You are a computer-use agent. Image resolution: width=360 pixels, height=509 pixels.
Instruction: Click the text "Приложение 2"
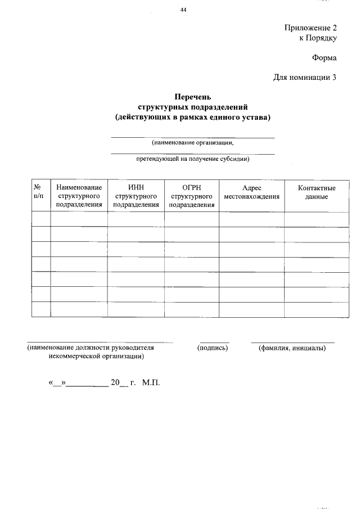(310, 28)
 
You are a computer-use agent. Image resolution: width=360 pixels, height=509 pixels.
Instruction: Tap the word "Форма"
(325, 58)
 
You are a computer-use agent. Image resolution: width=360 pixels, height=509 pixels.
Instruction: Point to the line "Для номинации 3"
(305, 78)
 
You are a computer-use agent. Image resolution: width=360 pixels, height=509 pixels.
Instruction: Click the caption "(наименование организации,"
(192, 142)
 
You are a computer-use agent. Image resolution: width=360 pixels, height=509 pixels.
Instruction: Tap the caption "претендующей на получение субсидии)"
(192, 159)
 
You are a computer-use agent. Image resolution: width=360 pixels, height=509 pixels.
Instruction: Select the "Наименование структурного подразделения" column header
(79, 196)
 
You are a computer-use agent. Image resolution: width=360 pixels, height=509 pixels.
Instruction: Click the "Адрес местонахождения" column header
(251, 192)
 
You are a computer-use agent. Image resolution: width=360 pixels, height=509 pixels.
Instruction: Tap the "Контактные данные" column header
(316, 192)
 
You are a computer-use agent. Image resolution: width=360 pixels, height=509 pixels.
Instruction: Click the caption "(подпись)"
(214, 348)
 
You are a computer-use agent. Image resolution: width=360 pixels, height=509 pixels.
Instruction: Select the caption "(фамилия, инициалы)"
(292, 348)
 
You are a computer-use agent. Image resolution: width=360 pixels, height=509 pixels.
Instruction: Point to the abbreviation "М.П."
(151, 382)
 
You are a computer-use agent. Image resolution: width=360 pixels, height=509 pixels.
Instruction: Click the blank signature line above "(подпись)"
(214, 341)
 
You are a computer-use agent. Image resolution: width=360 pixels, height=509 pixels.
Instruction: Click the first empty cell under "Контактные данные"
(316, 219)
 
